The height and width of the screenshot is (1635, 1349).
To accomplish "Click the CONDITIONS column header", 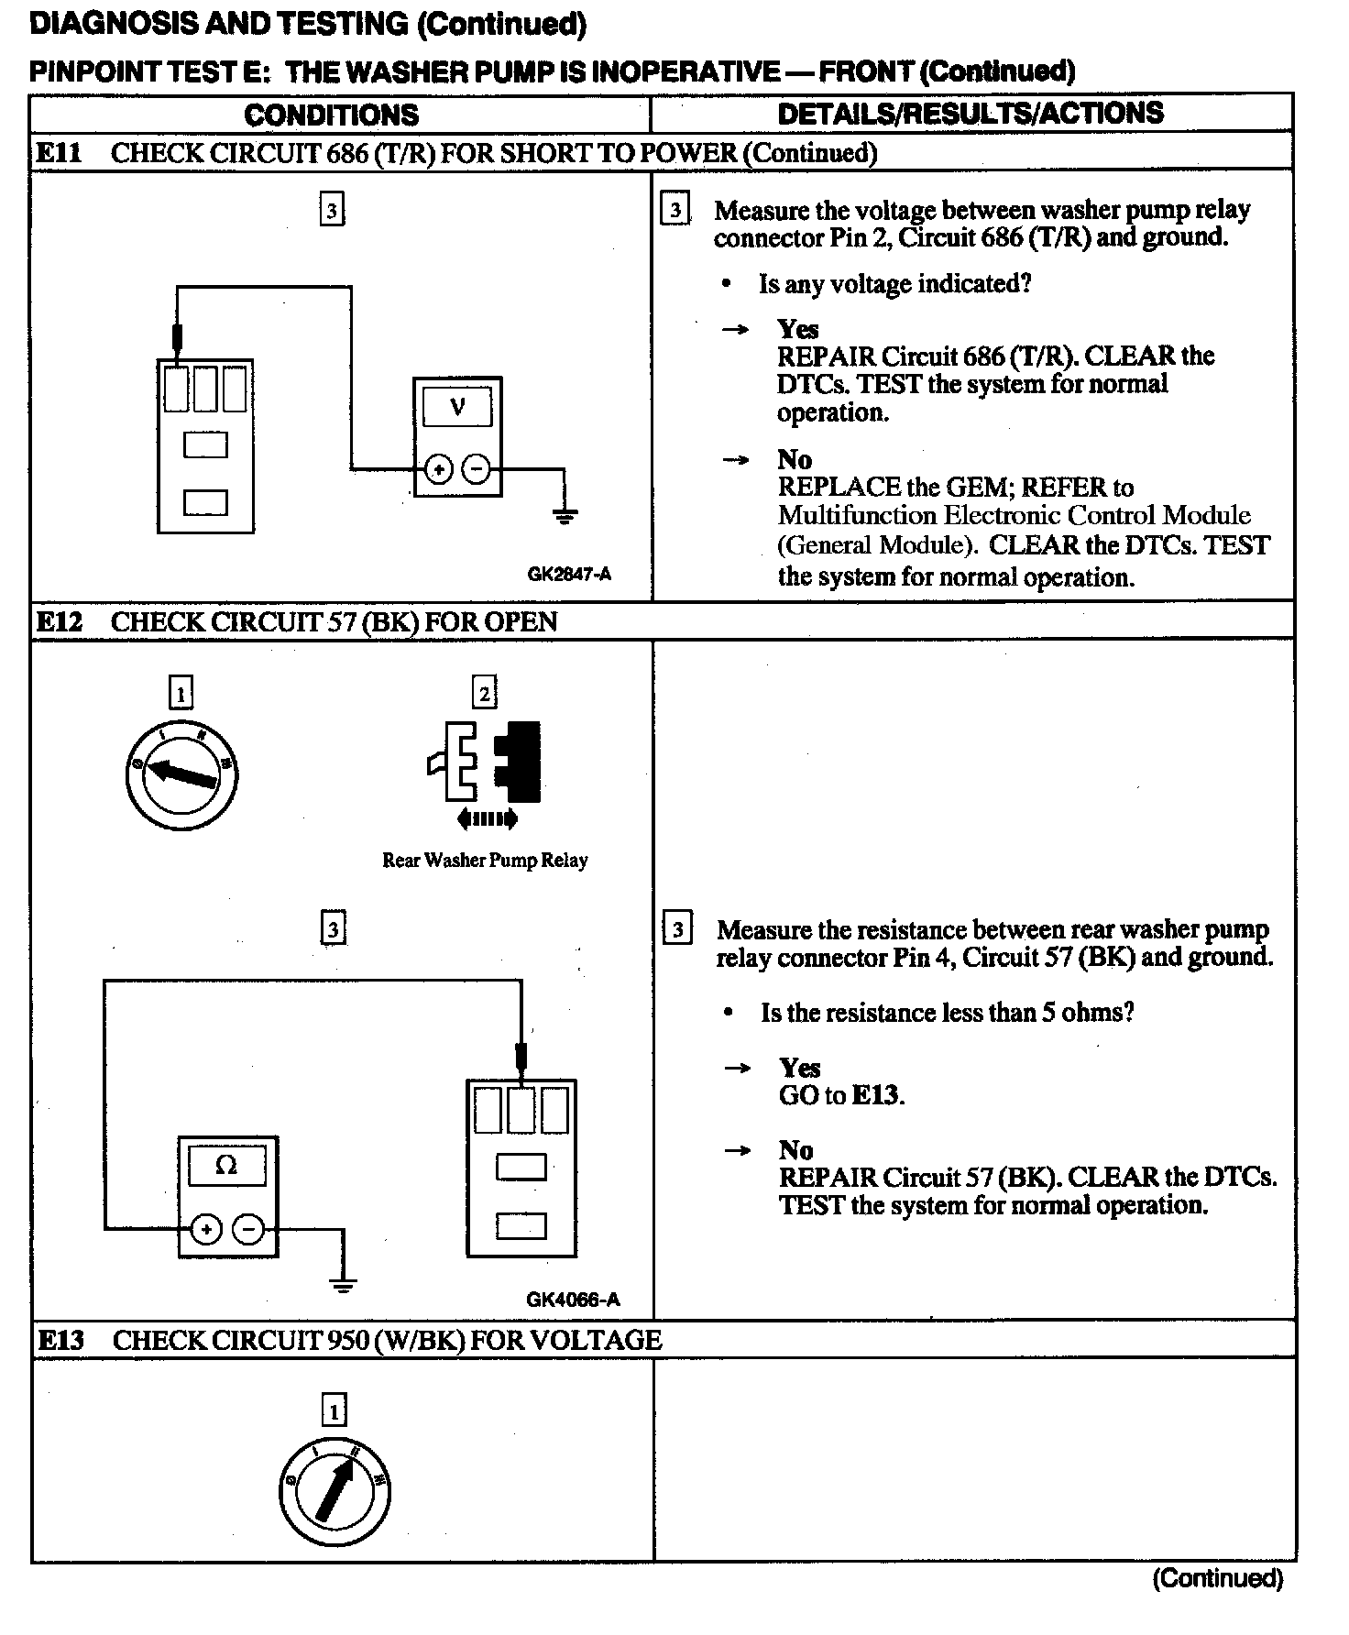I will click(x=331, y=115).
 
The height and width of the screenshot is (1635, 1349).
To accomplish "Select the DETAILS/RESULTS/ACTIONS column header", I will click(x=970, y=113).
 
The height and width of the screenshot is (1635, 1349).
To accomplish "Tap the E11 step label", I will click(x=59, y=153).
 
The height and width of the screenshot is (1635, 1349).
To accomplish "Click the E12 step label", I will click(x=59, y=622).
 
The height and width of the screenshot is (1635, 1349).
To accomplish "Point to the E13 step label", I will click(x=60, y=1340).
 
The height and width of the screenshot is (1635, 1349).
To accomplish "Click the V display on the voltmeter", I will click(x=457, y=407).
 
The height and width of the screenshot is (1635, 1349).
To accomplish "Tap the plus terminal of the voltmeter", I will click(x=439, y=469).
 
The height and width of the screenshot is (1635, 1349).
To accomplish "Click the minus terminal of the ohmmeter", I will click(x=248, y=1229).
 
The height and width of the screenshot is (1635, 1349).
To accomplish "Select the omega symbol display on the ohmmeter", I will click(x=225, y=1166).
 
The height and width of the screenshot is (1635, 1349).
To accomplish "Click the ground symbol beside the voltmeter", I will click(x=565, y=515).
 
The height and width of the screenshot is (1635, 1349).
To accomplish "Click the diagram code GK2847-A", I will click(x=569, y=575).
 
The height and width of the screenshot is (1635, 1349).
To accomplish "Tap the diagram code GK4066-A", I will click(x=573, y=1299).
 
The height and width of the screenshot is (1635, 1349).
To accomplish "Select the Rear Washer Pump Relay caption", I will click(x=485, y=860).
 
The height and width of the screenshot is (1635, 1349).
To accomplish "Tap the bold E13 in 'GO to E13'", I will click(x=876, y=1095).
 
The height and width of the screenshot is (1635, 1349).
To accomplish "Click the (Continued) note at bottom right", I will click(x=1217, y=1578).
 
